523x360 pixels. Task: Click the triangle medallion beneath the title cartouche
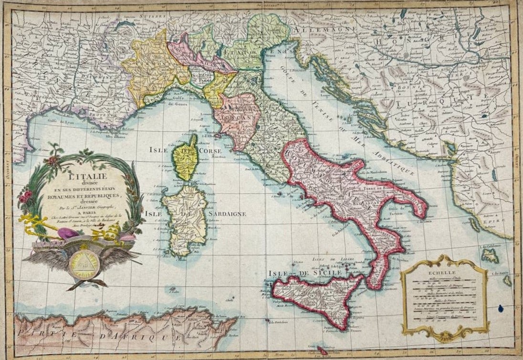84,263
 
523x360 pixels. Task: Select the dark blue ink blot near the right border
501,308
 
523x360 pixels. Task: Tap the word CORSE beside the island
210,150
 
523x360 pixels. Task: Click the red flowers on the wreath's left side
26,196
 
